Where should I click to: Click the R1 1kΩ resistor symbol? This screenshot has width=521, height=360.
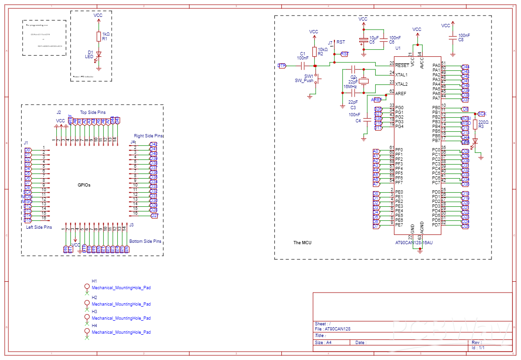tap(98, 37)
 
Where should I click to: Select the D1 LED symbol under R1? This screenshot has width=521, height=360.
tap(98, 55)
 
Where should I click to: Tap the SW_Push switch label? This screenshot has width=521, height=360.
tap(304, 81)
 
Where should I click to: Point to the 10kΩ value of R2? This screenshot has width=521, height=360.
tap(323, 49)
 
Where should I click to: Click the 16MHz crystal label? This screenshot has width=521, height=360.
tap(350, 87)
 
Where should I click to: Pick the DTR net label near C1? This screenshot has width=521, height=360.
tap(282, 66)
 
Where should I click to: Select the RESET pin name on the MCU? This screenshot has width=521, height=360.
tap(402, 66)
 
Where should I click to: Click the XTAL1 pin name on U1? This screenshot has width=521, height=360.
tap(401, 75)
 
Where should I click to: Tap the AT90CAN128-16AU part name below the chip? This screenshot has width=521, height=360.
tap(414, 243)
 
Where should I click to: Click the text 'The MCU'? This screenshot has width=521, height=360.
tap(302, 243)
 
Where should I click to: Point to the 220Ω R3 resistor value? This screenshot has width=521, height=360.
tap(483, 122)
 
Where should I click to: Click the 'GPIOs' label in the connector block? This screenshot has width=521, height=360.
tap(84, 185)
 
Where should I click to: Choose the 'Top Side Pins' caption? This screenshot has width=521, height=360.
tap(93, 112)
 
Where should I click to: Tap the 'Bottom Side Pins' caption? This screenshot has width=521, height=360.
tap(145, 241)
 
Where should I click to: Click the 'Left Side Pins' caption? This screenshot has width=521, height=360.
tap(39, 227)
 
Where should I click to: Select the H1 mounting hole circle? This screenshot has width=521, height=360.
tap(87, 286)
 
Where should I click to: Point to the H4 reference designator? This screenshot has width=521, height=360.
tap(94, 325)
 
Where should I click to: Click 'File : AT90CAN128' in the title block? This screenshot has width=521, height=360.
tap(332, 329)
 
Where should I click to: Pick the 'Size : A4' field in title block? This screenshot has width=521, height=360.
tap(323, 343)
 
